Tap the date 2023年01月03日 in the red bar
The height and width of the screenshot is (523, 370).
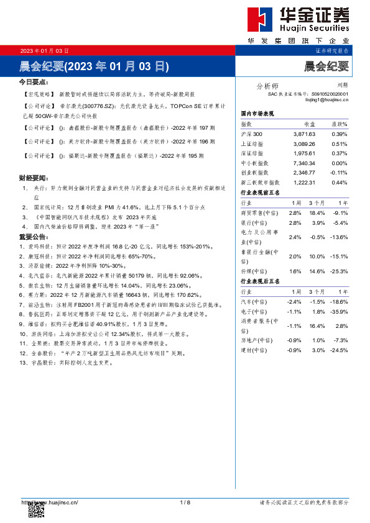[45, 50]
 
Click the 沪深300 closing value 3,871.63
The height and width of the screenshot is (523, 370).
[304, 134]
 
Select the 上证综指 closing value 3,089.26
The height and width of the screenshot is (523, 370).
[304, 143]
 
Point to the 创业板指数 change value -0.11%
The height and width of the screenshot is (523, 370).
[338, 173]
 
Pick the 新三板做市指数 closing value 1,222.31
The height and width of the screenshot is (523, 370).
[304, 183]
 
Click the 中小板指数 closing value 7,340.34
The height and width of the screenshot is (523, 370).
[304, 163]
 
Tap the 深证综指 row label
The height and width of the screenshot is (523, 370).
[252, 153]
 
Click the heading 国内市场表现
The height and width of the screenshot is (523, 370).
[257, 115]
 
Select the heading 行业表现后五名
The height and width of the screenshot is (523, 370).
[260, 281]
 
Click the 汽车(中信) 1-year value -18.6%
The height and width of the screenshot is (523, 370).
[339, 301]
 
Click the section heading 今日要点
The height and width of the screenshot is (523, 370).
[33, 81]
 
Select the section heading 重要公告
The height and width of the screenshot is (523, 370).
[33, 237]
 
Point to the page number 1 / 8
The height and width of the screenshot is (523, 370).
[185, 502]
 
